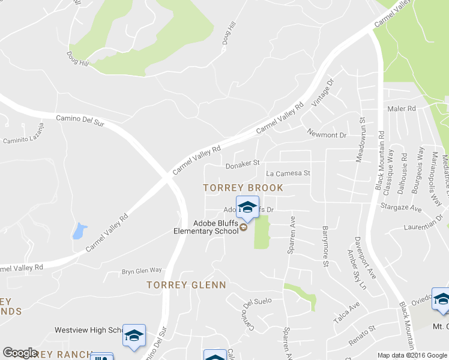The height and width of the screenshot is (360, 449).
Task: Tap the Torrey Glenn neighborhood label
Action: (186, 285)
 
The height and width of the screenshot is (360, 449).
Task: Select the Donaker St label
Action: (242, 163)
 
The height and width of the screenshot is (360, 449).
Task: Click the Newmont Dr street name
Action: (327, 135)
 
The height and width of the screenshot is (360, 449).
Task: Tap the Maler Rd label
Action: (402, 109)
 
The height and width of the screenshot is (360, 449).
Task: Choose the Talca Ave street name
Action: (346, 312)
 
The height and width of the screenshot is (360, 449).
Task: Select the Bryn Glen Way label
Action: (142, 271)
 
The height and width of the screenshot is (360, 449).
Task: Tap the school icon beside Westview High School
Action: (134, 335)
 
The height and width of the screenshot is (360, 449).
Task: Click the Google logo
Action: (20, 353)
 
